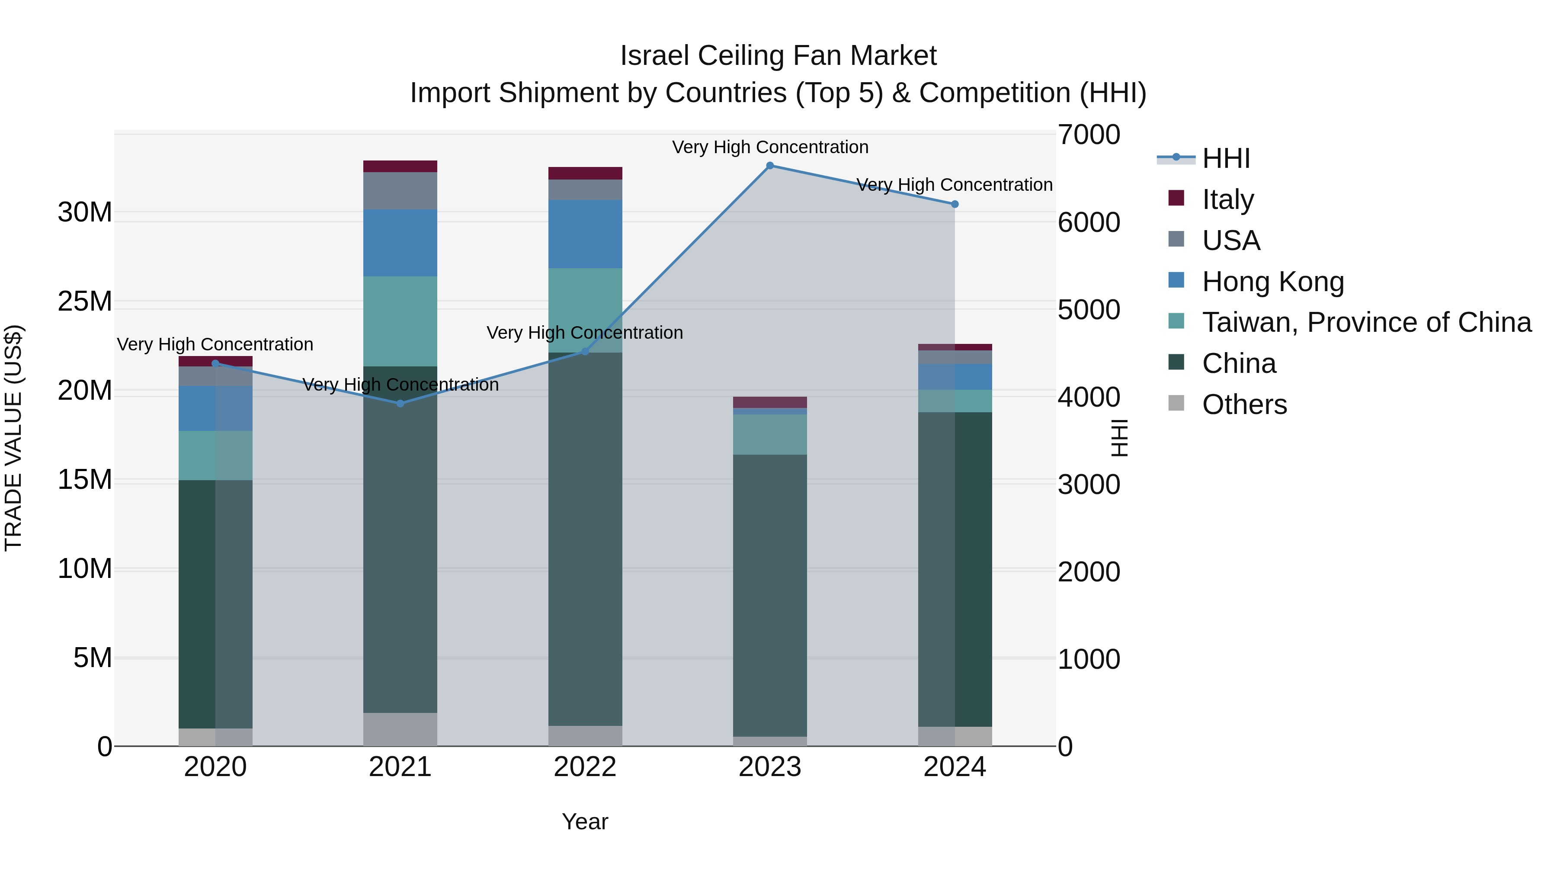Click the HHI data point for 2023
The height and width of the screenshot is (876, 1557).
click(769, 166)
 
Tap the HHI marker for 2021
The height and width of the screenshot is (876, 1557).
click(400, 403)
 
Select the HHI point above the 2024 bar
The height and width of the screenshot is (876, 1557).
click(955, 204)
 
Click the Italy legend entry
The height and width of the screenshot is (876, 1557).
click(1227, 199)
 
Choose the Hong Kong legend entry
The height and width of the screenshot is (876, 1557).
click(1272, 282)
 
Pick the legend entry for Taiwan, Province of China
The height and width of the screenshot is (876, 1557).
click(1366, 322)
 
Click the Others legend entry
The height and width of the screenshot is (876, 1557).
click(1244, 404)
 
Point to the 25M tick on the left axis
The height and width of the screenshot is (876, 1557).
click(85, 302)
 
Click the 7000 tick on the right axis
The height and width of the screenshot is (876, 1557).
click(1089, 135)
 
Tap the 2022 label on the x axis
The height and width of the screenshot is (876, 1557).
click(584, 767)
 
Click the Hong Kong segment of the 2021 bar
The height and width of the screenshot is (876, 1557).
click(400, 243)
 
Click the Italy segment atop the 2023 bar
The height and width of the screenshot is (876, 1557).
click(769, 402)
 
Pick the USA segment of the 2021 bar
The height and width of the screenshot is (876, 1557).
click(400, 191)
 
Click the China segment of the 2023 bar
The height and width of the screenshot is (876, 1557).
click(769, 596)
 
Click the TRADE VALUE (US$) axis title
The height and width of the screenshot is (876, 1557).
click(13, 438)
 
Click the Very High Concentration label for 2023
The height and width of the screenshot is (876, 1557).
click(769, 148)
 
